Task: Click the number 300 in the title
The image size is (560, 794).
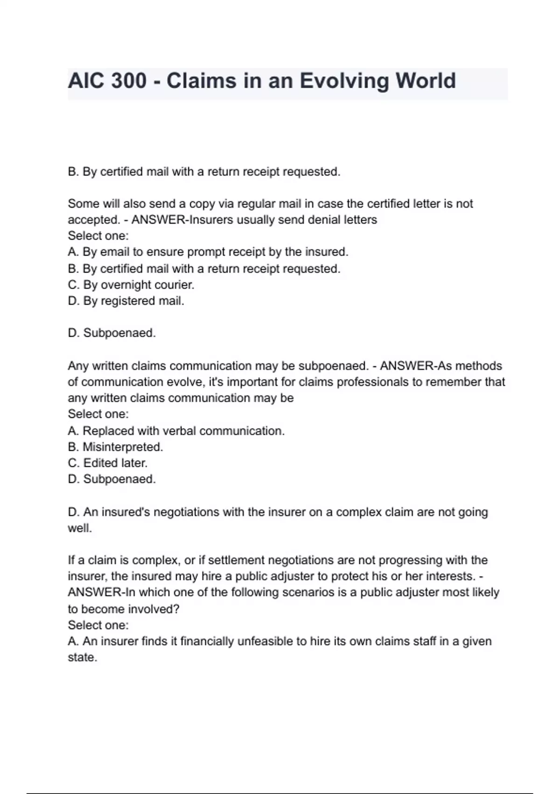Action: click(x=129, y=81)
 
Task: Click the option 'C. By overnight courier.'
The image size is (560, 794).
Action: click(x=131, y=285)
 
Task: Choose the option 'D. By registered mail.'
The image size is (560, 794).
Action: click(x=126, y=301)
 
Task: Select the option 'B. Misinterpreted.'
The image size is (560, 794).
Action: click(x=116, y=447)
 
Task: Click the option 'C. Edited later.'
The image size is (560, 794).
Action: click(x=108, y=463)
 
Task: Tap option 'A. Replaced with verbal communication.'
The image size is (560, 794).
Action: click(x=176, y=431)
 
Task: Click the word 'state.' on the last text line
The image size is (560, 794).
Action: click(x=83, y=658)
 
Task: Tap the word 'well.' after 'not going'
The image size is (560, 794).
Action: click(x=80, y=529)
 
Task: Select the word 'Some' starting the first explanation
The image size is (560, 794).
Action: click(x=82, y=204)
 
